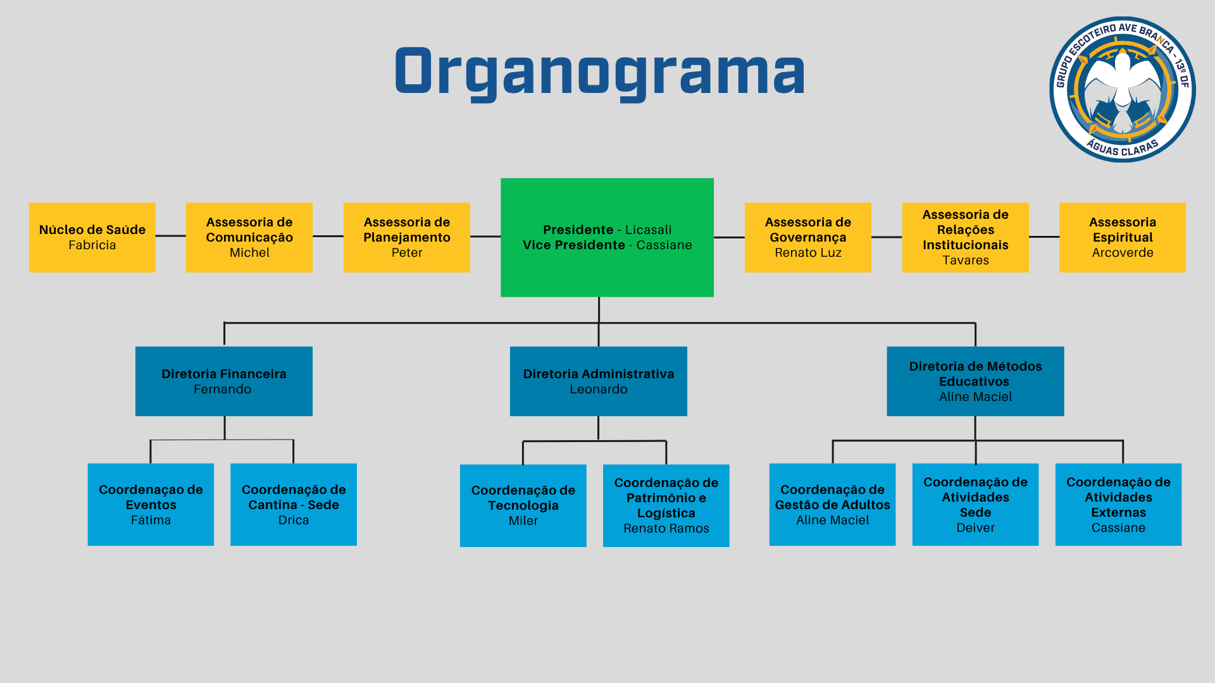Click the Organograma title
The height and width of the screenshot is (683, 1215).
click(x=600, y=73)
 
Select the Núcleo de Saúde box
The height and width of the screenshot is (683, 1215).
click(x=92, y=237)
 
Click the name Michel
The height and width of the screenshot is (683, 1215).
click(x=249, y=252)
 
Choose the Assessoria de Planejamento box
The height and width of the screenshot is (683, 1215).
click(x=407, y=237)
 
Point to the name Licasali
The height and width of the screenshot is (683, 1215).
click(x=649, y=230)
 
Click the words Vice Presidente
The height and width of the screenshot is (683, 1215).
click(x=574, y=245)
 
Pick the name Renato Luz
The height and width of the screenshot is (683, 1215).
click(x=808, y=252)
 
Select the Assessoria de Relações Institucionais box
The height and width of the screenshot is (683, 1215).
click(x=965, y=237)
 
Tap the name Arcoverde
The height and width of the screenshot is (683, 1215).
click(x=1123, y=252)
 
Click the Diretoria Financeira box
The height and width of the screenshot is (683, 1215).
click(x=224, y=381)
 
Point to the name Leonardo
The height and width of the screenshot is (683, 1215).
click(x=599, y=389)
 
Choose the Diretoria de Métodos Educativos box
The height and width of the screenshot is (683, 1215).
click(x=975, y=381)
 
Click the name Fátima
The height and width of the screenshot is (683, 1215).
click(x=151, y=520)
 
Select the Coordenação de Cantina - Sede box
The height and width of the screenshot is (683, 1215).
click(x=294, y=505)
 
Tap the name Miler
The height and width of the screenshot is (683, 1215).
click(x=523, y=520)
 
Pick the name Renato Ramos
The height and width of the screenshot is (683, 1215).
click(x=666, y=528)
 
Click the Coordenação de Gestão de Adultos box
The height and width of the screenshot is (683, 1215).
click(x=832, y=505)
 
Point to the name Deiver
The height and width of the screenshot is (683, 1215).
click(x=975, y=527)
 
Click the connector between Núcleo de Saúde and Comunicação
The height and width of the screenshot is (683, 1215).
click(x=171, y=236)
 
